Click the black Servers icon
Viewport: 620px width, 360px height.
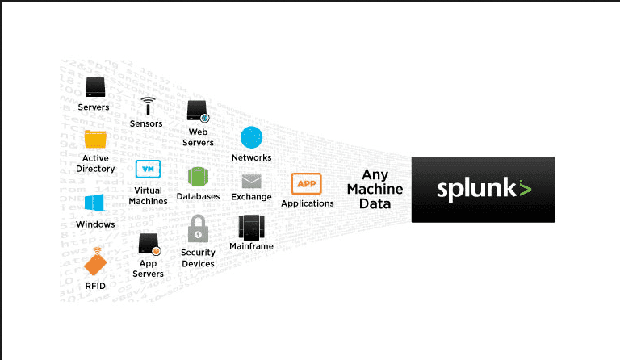[94, 86]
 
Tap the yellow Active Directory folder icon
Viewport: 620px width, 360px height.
[95, 139]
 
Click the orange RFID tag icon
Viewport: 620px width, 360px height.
[95, 262]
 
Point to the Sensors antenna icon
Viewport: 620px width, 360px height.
[147, 106]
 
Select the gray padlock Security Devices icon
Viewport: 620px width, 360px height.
[198, 229]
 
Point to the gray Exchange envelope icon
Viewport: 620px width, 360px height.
[251, 181]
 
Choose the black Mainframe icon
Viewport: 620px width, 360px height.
[251, 227]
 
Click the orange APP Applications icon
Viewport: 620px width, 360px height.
[307, 183]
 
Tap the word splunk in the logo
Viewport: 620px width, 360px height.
[475, 190]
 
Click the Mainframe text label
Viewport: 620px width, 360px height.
[251, 246]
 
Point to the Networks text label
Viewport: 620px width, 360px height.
[251, 157]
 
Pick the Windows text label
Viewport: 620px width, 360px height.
[95, 224]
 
